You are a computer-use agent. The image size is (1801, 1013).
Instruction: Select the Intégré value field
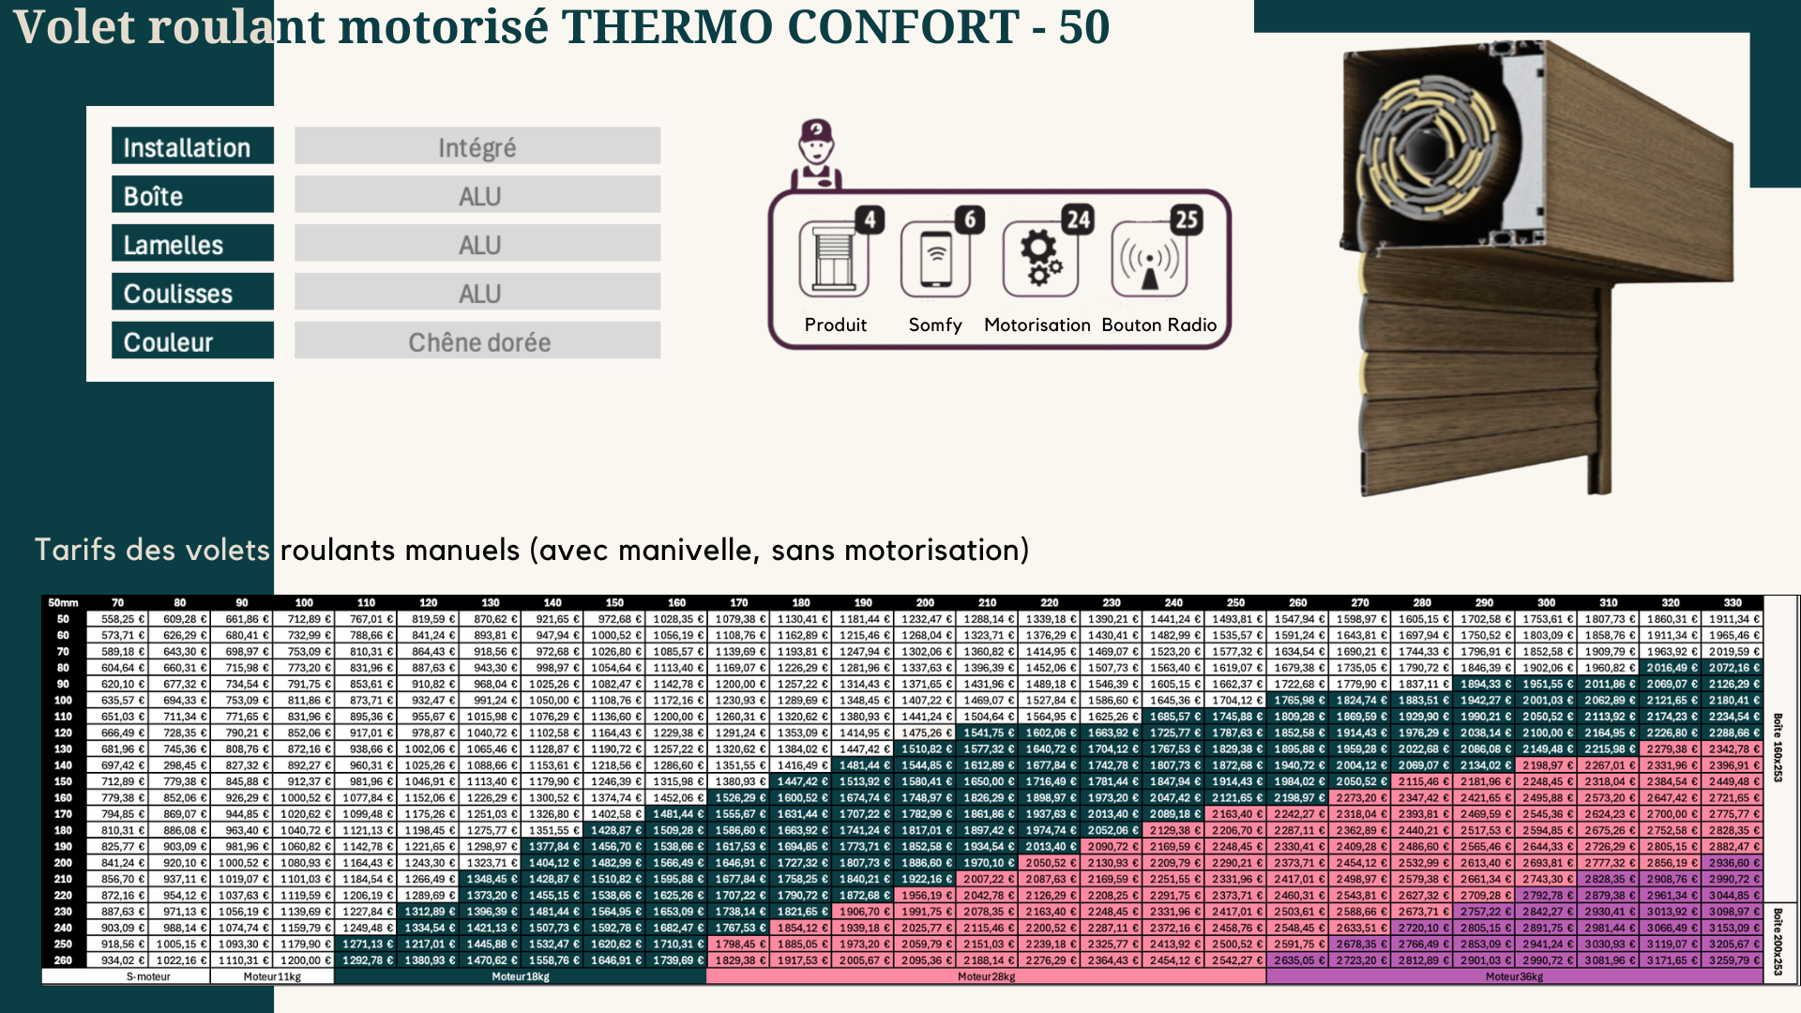(x=477, y=147)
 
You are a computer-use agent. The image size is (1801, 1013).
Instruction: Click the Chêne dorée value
(x=478, y=341)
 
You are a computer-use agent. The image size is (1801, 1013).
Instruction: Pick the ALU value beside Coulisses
(x=478, y=294)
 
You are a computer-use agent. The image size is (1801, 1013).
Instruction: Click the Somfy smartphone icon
(x=934, y=260)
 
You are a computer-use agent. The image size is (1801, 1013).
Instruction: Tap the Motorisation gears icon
(x=1039, y=260)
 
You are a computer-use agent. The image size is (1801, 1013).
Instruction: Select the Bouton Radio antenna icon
(x=1149, y=260)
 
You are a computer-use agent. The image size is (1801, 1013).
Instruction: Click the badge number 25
(x=1187, y=219)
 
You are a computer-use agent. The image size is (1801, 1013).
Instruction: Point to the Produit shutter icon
(x=833, y=260)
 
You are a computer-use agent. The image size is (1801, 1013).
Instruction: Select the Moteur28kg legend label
(x=986, y=976)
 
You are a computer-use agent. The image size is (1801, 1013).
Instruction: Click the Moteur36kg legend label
(x=1514, y=976)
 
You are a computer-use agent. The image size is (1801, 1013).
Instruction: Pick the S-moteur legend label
(x=148, y=976)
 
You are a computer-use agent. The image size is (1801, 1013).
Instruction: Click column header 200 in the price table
(x=925, y=602)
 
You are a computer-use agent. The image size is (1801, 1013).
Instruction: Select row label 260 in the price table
(x=63, y=960)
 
